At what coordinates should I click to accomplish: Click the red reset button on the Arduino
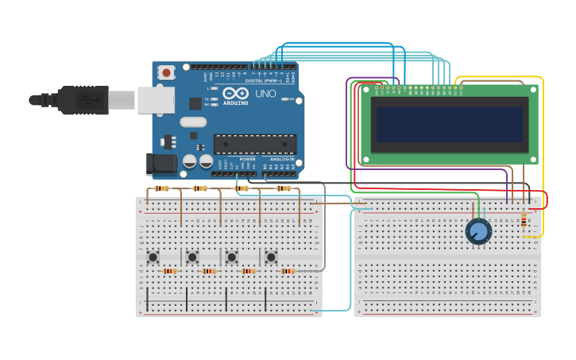tap(166, 72)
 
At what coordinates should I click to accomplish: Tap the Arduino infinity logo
tap(235, 93)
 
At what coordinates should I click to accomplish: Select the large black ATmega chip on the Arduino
tap(254, 144)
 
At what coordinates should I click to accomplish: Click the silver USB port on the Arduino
tap(155, 99)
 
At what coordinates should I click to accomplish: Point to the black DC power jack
tap(161, 163)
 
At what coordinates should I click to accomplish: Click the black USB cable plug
tap(83, 100)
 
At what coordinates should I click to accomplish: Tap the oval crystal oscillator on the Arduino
tap(193, 122)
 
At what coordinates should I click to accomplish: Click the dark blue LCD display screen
tap(449, 124)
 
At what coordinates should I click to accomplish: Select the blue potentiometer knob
tap(478, 231)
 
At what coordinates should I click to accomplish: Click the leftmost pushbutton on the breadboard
tap(153, 256)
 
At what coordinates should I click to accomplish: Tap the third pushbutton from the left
tap(231, 256)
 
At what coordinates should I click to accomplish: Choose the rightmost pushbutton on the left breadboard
tap(271, 256)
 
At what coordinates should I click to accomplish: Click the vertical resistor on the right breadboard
tap(524, 220)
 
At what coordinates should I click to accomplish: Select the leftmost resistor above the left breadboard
tap(162, 188)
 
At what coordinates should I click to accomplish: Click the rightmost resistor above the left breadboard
tap(284, 188)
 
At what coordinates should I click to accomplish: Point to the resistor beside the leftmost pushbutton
tap(169, 271)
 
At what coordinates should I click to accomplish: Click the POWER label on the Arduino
tap(248, 159)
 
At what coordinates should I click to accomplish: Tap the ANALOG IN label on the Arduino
tap(281, 159)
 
